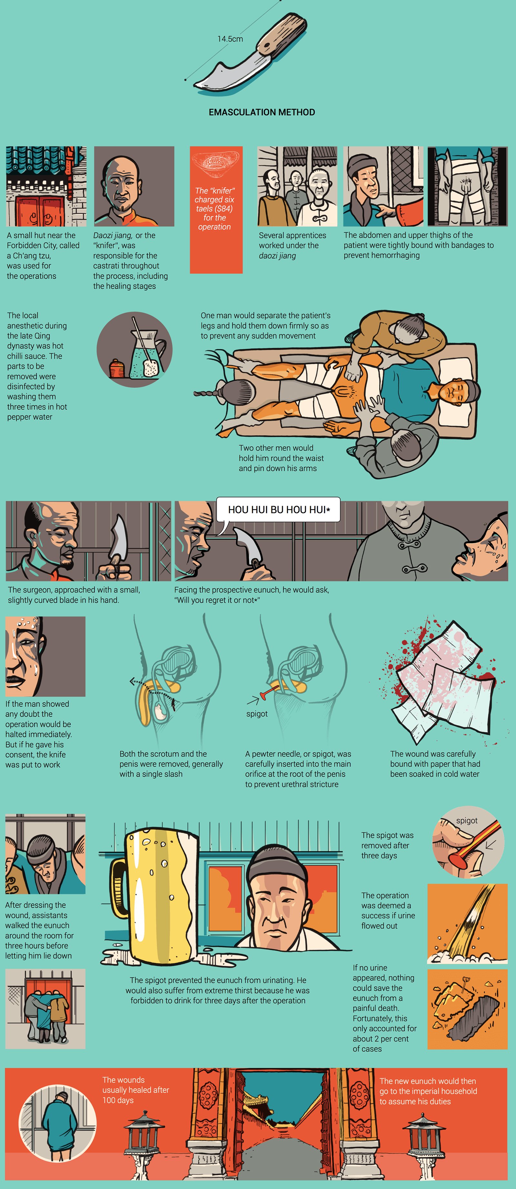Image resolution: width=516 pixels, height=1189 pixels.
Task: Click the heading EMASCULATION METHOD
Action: coord(262,112)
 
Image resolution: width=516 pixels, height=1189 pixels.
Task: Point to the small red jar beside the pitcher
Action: coord(117,368)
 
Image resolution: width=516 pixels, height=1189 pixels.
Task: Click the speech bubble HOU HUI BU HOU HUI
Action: coord(279,510)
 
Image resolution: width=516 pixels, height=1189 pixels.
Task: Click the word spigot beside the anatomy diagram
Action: coord(257,714)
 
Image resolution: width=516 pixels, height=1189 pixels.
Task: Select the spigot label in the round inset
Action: coord(467,820)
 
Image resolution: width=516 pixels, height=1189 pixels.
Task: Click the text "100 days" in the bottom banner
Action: coord(118,1100)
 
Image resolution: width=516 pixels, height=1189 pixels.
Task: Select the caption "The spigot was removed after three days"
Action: coord(387,845)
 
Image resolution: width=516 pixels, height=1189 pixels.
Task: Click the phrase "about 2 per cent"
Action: coord(381,1039)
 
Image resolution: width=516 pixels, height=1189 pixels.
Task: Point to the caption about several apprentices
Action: coord(293,245)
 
